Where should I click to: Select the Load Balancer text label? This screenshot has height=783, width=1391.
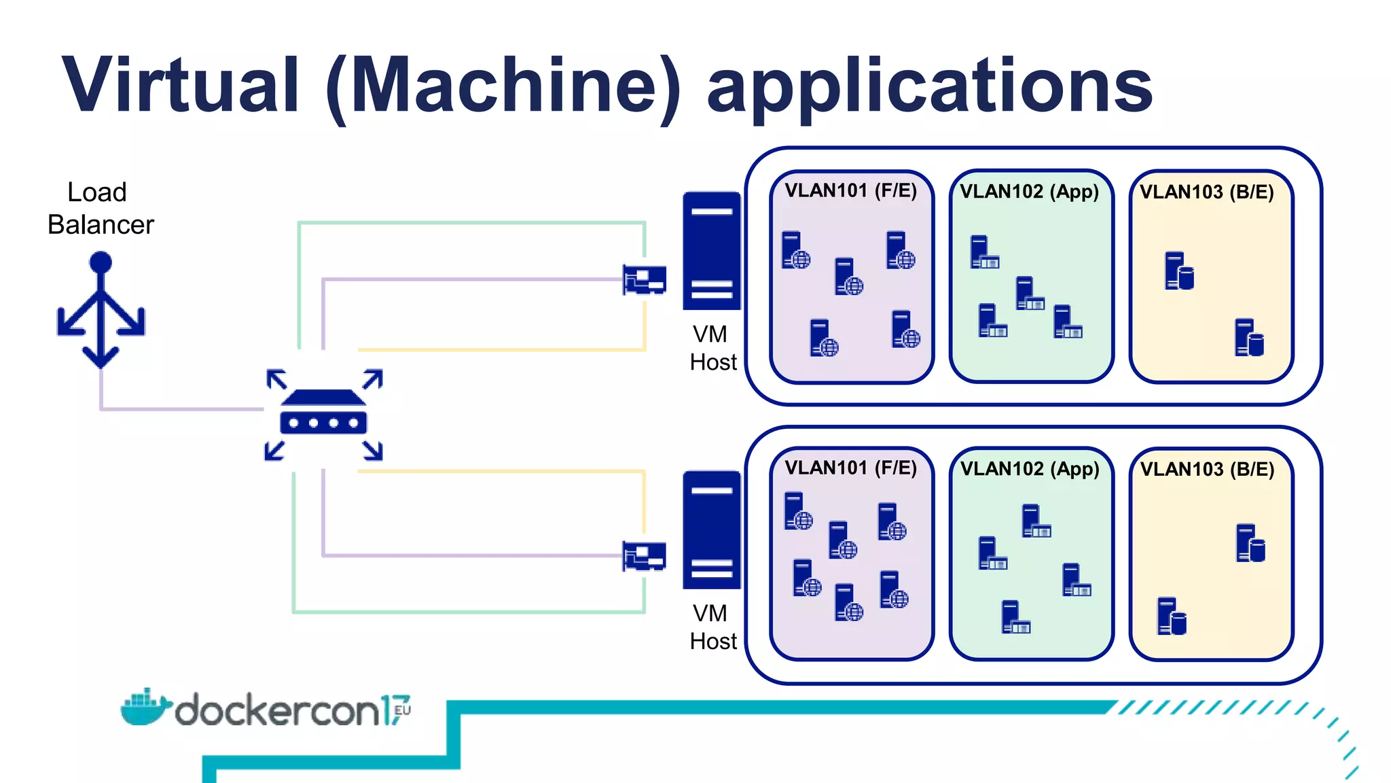click(x=100, y=209)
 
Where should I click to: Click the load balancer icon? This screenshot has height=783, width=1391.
click(x=101, y=310)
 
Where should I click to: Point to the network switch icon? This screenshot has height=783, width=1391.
click(x=323, y=414)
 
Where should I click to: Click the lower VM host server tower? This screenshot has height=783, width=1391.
click(x=711, y=529)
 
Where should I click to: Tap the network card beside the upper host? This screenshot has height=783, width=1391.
click(x=645, y=279)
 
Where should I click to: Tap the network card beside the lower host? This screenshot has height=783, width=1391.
click(x=645, y=556)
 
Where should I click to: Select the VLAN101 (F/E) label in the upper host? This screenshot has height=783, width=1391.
click(x=850, y=190)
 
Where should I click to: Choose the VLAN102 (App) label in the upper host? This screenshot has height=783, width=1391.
click(x=1029, y=192)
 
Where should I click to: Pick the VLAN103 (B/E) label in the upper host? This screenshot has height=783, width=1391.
click(x=1206, y=192)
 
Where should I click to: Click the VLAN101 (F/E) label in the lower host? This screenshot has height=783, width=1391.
click(x=850, y=468)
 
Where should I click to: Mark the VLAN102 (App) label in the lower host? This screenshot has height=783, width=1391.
click(x=1029, y=469)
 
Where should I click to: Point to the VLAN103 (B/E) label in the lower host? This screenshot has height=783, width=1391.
click(x=1207, y=469)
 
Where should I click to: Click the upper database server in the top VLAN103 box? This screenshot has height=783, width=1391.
click(x=1179, y=271)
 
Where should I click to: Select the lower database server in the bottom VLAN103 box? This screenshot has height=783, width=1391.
click(x=1172, y=616)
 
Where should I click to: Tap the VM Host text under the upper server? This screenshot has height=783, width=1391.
click(x=712, y=348)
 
